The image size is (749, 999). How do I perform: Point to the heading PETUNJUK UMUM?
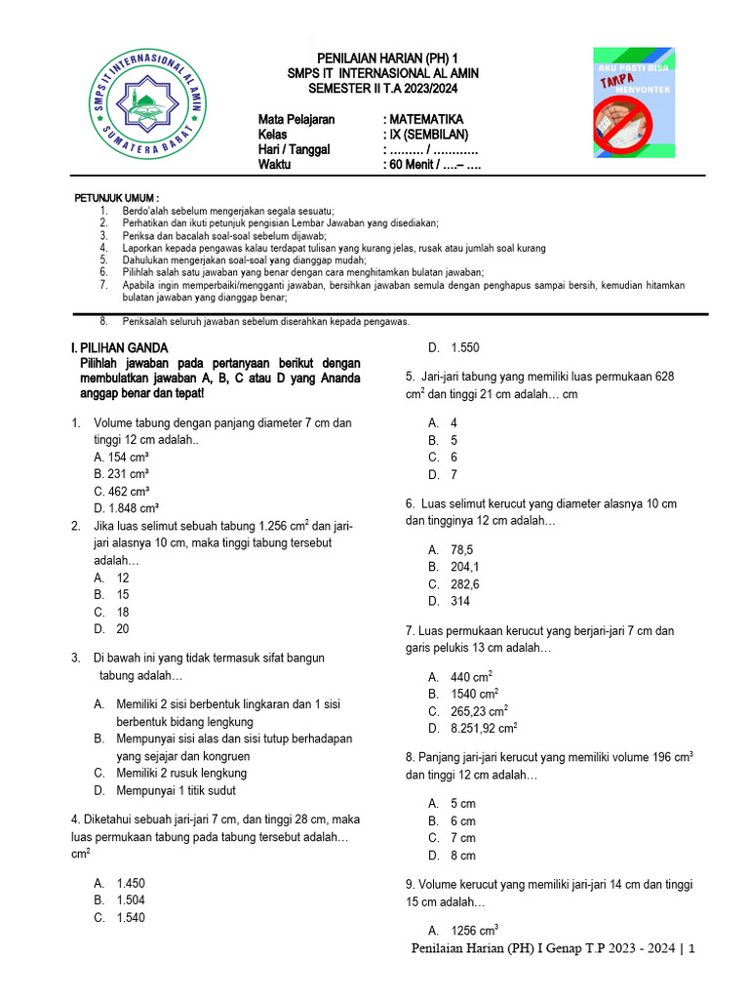[117, 198]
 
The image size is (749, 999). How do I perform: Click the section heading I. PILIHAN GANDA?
[119, 347]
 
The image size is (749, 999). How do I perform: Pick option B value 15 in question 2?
[123, 594]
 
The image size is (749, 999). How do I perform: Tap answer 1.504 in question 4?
[131, 900]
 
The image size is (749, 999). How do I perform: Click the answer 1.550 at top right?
[465, 347]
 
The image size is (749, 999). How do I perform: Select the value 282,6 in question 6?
[466, 584]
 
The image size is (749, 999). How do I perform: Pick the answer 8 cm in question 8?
[463, 856]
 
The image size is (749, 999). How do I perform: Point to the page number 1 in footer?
[690, 949]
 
